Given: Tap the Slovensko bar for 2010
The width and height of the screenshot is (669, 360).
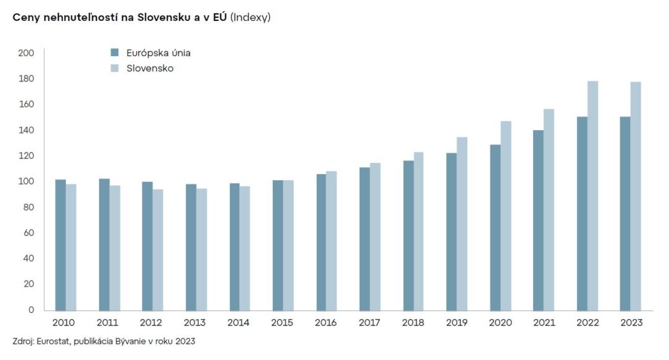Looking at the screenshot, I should click(71, 247).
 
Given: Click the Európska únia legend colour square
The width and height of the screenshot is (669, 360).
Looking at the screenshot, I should click(114, 52).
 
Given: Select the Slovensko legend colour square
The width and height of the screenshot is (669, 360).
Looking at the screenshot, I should click(114, 68).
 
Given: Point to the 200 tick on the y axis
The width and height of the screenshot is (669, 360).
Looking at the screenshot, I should click(27, 53).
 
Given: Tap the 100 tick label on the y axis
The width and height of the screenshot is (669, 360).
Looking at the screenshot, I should click(27, 182).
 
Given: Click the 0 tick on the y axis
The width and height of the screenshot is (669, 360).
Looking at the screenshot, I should click(31, 310).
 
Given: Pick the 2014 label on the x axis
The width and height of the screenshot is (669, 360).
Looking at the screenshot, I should click(238, 323).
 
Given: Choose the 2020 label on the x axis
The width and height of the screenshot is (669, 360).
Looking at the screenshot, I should click(501, 323).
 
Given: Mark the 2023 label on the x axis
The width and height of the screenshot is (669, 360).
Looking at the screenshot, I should click(631, 323).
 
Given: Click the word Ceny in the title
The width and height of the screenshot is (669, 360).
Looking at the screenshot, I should click(25, 17).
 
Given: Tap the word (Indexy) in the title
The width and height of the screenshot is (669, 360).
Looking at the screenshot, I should click(250, 17).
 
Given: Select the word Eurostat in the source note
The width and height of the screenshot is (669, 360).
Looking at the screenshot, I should click(53, 341).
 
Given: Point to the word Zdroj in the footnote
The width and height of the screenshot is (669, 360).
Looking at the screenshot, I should click(22, 341).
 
